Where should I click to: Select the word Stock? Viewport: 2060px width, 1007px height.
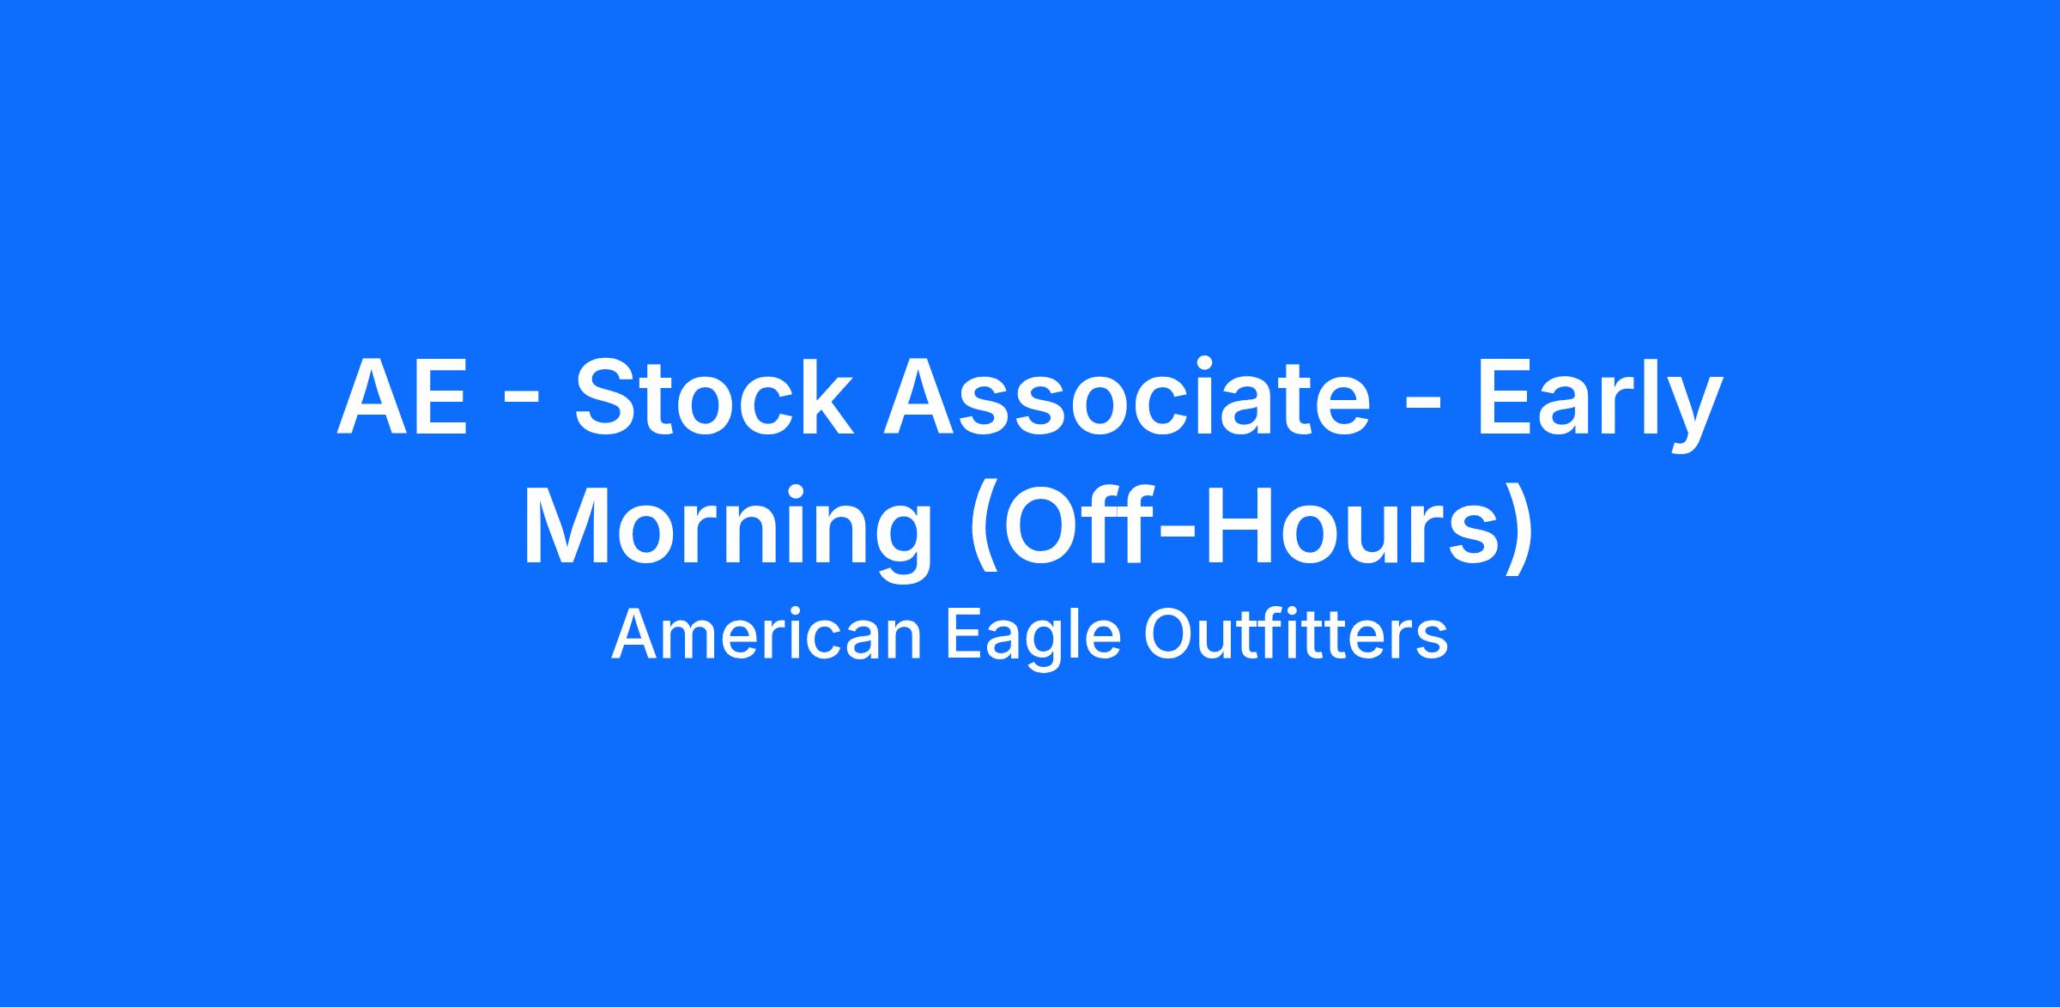tap(715, 397)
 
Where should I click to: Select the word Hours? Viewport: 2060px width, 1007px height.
tap(1344, 525)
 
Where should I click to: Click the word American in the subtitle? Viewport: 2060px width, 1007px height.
tap(766, 635)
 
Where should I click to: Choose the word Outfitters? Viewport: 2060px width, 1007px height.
tap(1297, 635)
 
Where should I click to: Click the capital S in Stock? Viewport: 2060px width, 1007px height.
tap(607, 397)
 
